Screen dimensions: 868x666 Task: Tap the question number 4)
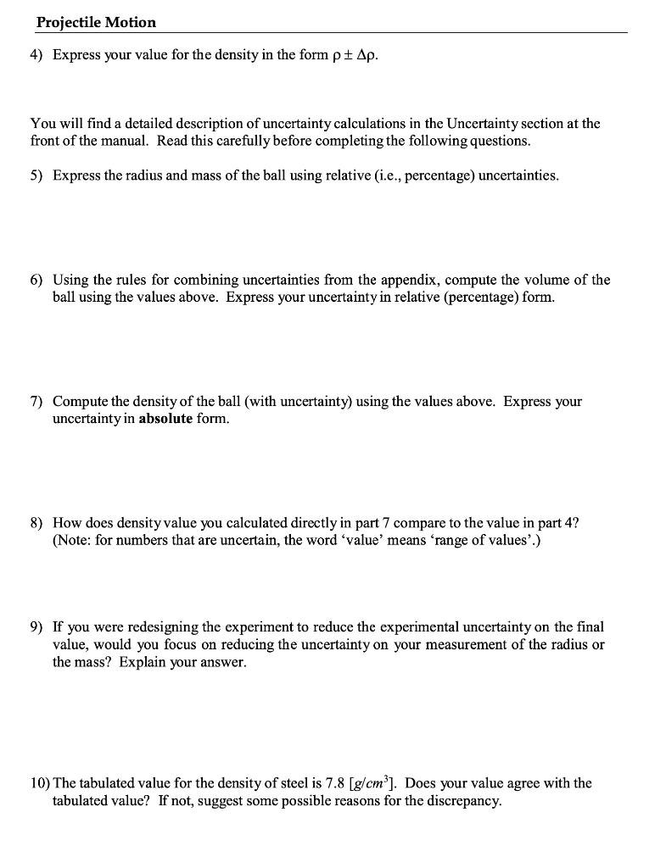[x=37, y=55]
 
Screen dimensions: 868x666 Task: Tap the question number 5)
[x=37, y=175]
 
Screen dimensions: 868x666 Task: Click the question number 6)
[x=37, y=280]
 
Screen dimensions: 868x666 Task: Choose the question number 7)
[x=37, y=402]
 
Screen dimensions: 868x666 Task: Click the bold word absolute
[x=165, y=419]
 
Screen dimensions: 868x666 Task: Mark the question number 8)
[x=37, y=523]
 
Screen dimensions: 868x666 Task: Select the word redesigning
[x=140, y=628]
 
